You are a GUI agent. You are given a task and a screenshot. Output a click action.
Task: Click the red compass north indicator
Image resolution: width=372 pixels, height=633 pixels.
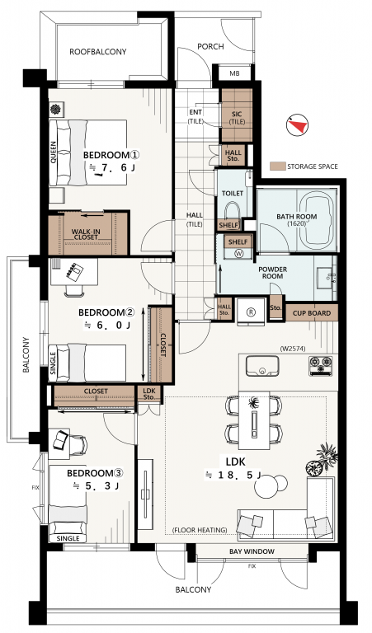[x=299, y=125]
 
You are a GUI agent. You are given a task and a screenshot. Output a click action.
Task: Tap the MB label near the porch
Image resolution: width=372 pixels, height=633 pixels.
[x=234, y=73]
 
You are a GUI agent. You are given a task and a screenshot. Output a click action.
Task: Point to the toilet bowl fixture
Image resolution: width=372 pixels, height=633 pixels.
[x=232, y=211]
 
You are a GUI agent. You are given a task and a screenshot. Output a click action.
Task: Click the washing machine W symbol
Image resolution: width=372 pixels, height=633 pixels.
[x=238, y=254]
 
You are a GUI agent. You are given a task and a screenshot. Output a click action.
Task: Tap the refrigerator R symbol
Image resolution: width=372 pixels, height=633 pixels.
[x=252, y=312]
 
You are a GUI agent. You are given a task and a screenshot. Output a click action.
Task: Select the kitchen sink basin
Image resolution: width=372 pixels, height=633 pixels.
[x=262, y=365]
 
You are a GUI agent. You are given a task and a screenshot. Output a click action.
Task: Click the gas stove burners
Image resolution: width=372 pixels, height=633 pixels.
[x=321, y=366]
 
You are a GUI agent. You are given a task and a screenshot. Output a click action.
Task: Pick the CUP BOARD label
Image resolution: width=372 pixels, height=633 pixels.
[x=312, y=313]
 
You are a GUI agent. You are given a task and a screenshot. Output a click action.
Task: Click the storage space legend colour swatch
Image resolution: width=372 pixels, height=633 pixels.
[x=277, y=166]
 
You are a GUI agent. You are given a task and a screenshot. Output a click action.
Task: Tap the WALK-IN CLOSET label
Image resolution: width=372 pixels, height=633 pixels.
[x=86, y=235]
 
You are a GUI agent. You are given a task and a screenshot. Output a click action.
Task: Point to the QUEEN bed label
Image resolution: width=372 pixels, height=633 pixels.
[x=54, y=152]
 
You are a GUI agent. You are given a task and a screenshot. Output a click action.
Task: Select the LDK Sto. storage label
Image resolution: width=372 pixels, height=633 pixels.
[x=149, y=394]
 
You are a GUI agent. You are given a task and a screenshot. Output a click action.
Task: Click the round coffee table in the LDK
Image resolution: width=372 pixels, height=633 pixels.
[x=266, y=488]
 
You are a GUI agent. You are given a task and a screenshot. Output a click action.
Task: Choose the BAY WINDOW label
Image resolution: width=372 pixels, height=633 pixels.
[x=252, y=551]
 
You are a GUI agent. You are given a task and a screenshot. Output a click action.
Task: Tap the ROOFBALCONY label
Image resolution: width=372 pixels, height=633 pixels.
[x=98, y=52]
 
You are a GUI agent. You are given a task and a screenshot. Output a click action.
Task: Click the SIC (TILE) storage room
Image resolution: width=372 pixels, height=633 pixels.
[x=237, y=115]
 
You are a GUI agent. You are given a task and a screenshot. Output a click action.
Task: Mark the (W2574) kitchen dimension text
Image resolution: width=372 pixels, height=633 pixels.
[x=292, y=349]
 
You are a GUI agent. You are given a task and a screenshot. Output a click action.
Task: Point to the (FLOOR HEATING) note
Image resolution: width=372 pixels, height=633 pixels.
[x=200, y=530]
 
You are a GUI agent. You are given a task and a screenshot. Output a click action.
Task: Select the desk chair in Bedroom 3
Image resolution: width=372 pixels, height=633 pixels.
[x=78, y=444]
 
